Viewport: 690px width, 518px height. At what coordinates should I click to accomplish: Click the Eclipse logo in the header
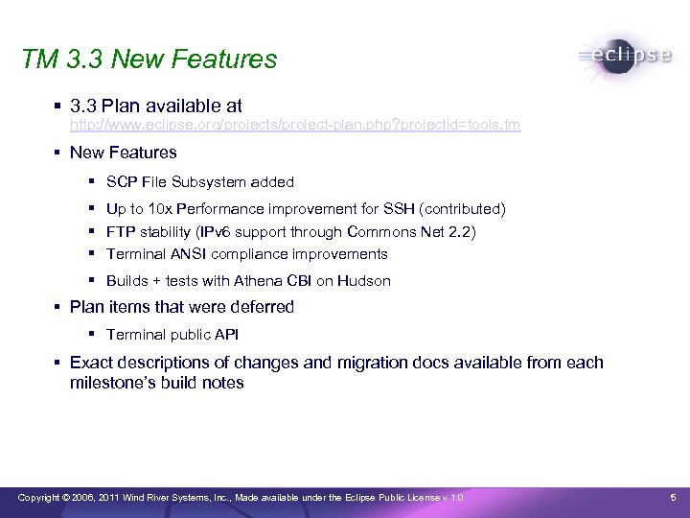625,57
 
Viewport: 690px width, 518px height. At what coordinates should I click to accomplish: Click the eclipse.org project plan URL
295,126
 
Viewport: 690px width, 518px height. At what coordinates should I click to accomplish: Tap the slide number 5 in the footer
673,497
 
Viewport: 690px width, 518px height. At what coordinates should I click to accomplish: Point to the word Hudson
364,281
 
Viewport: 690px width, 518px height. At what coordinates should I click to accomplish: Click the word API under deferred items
225,335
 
